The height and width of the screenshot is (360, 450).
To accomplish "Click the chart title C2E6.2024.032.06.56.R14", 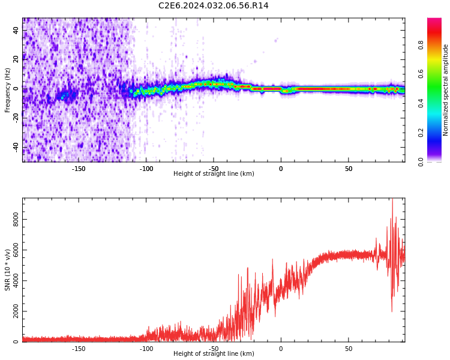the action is pyautogui.click(x=213, y=6).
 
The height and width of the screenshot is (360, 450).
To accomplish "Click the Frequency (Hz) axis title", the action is pyautogui.click(x=7, y=90).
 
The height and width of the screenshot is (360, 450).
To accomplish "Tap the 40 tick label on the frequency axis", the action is pyautogui.click(x=16, y=31).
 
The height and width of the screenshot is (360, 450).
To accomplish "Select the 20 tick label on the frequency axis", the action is pyautogui.click(x=16, y=60).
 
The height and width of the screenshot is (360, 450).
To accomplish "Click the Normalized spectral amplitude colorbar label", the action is pyautogui.click(x=445, y=90).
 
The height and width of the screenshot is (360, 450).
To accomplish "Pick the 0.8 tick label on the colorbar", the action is pyautogui.click(x=421, y=46).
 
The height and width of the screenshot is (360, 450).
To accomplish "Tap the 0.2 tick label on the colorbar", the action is pyautogui.click(x=421, y=133).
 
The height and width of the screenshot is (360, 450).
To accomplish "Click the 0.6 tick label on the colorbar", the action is pyautogui.click(x=421, y=74).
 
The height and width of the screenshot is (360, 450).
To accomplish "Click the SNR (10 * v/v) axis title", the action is pyautogui.click(x=7, y=270).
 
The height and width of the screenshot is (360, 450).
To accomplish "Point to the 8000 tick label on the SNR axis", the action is pyautogui.click(x=16, y=220).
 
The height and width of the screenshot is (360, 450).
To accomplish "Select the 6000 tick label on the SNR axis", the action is pyautogui.click(x=16, y=250).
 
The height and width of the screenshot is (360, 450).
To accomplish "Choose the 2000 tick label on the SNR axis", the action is pyautogui.click(x=16, y=311).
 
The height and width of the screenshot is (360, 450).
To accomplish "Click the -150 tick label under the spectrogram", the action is pyautogui.click(x=79, y=169).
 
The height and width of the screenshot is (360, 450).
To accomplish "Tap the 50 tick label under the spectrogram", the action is pyautogui.click(x=349, y=169).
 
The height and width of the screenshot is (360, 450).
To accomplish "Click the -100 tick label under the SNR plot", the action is pyautogui.click(x=146, y=349).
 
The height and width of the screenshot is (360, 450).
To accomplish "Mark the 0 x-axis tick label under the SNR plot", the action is pyautogui.click(x=281, y=349).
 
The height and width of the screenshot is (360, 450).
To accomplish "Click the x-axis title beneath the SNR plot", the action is pyautogui.click(x=214, y=353).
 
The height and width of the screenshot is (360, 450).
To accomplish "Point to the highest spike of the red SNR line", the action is pyautogui.click(x=392, y=199).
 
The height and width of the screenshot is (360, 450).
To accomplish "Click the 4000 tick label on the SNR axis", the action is pyautogui.click(x=16, y=280).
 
